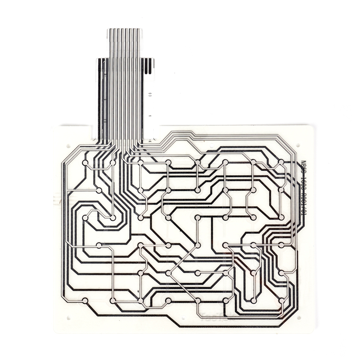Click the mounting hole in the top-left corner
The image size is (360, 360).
pos(68,146)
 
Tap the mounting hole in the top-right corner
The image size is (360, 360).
pos(298,145)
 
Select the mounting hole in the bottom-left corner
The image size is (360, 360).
pos(68,318)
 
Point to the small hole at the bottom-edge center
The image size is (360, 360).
pos(183,319)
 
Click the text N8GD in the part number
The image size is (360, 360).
pos(303,167)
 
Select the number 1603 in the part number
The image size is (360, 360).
pos(303,185)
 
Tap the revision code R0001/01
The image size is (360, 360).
pos(303,205)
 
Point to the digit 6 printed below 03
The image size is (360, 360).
pos(150,117)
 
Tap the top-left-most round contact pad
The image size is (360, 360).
pos(85,163)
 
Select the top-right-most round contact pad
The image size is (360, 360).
pos(281,162)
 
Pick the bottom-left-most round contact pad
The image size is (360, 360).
pos(85,300)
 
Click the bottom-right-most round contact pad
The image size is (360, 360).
pos(281,300)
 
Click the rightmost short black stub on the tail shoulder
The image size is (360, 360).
pos(153,66)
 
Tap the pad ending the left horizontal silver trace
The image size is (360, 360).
pos(99,190)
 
